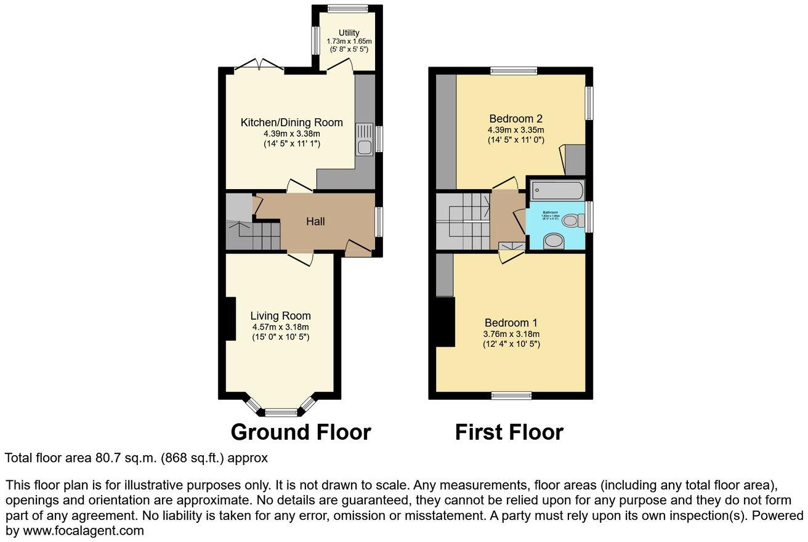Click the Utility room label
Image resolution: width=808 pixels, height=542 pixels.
[348, 32]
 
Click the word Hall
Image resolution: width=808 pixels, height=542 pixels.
[316, 222]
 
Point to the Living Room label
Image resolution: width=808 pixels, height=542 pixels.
[280, 316]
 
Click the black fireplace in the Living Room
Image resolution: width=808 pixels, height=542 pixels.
[229, 318]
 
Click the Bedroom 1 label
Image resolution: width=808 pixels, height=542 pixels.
[511, 323]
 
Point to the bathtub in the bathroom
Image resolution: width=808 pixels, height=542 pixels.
[556, 190]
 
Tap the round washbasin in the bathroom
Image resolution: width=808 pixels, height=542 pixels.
[554, 241]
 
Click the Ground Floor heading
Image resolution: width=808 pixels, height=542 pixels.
[301, 432]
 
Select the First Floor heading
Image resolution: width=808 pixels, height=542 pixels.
[509, 432]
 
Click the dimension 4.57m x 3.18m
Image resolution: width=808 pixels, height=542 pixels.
[280, 327]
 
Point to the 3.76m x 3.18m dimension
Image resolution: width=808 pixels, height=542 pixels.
[511, 334]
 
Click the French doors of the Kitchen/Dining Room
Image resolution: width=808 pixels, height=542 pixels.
[259, 65]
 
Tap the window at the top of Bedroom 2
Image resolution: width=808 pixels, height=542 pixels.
[513, 71]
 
